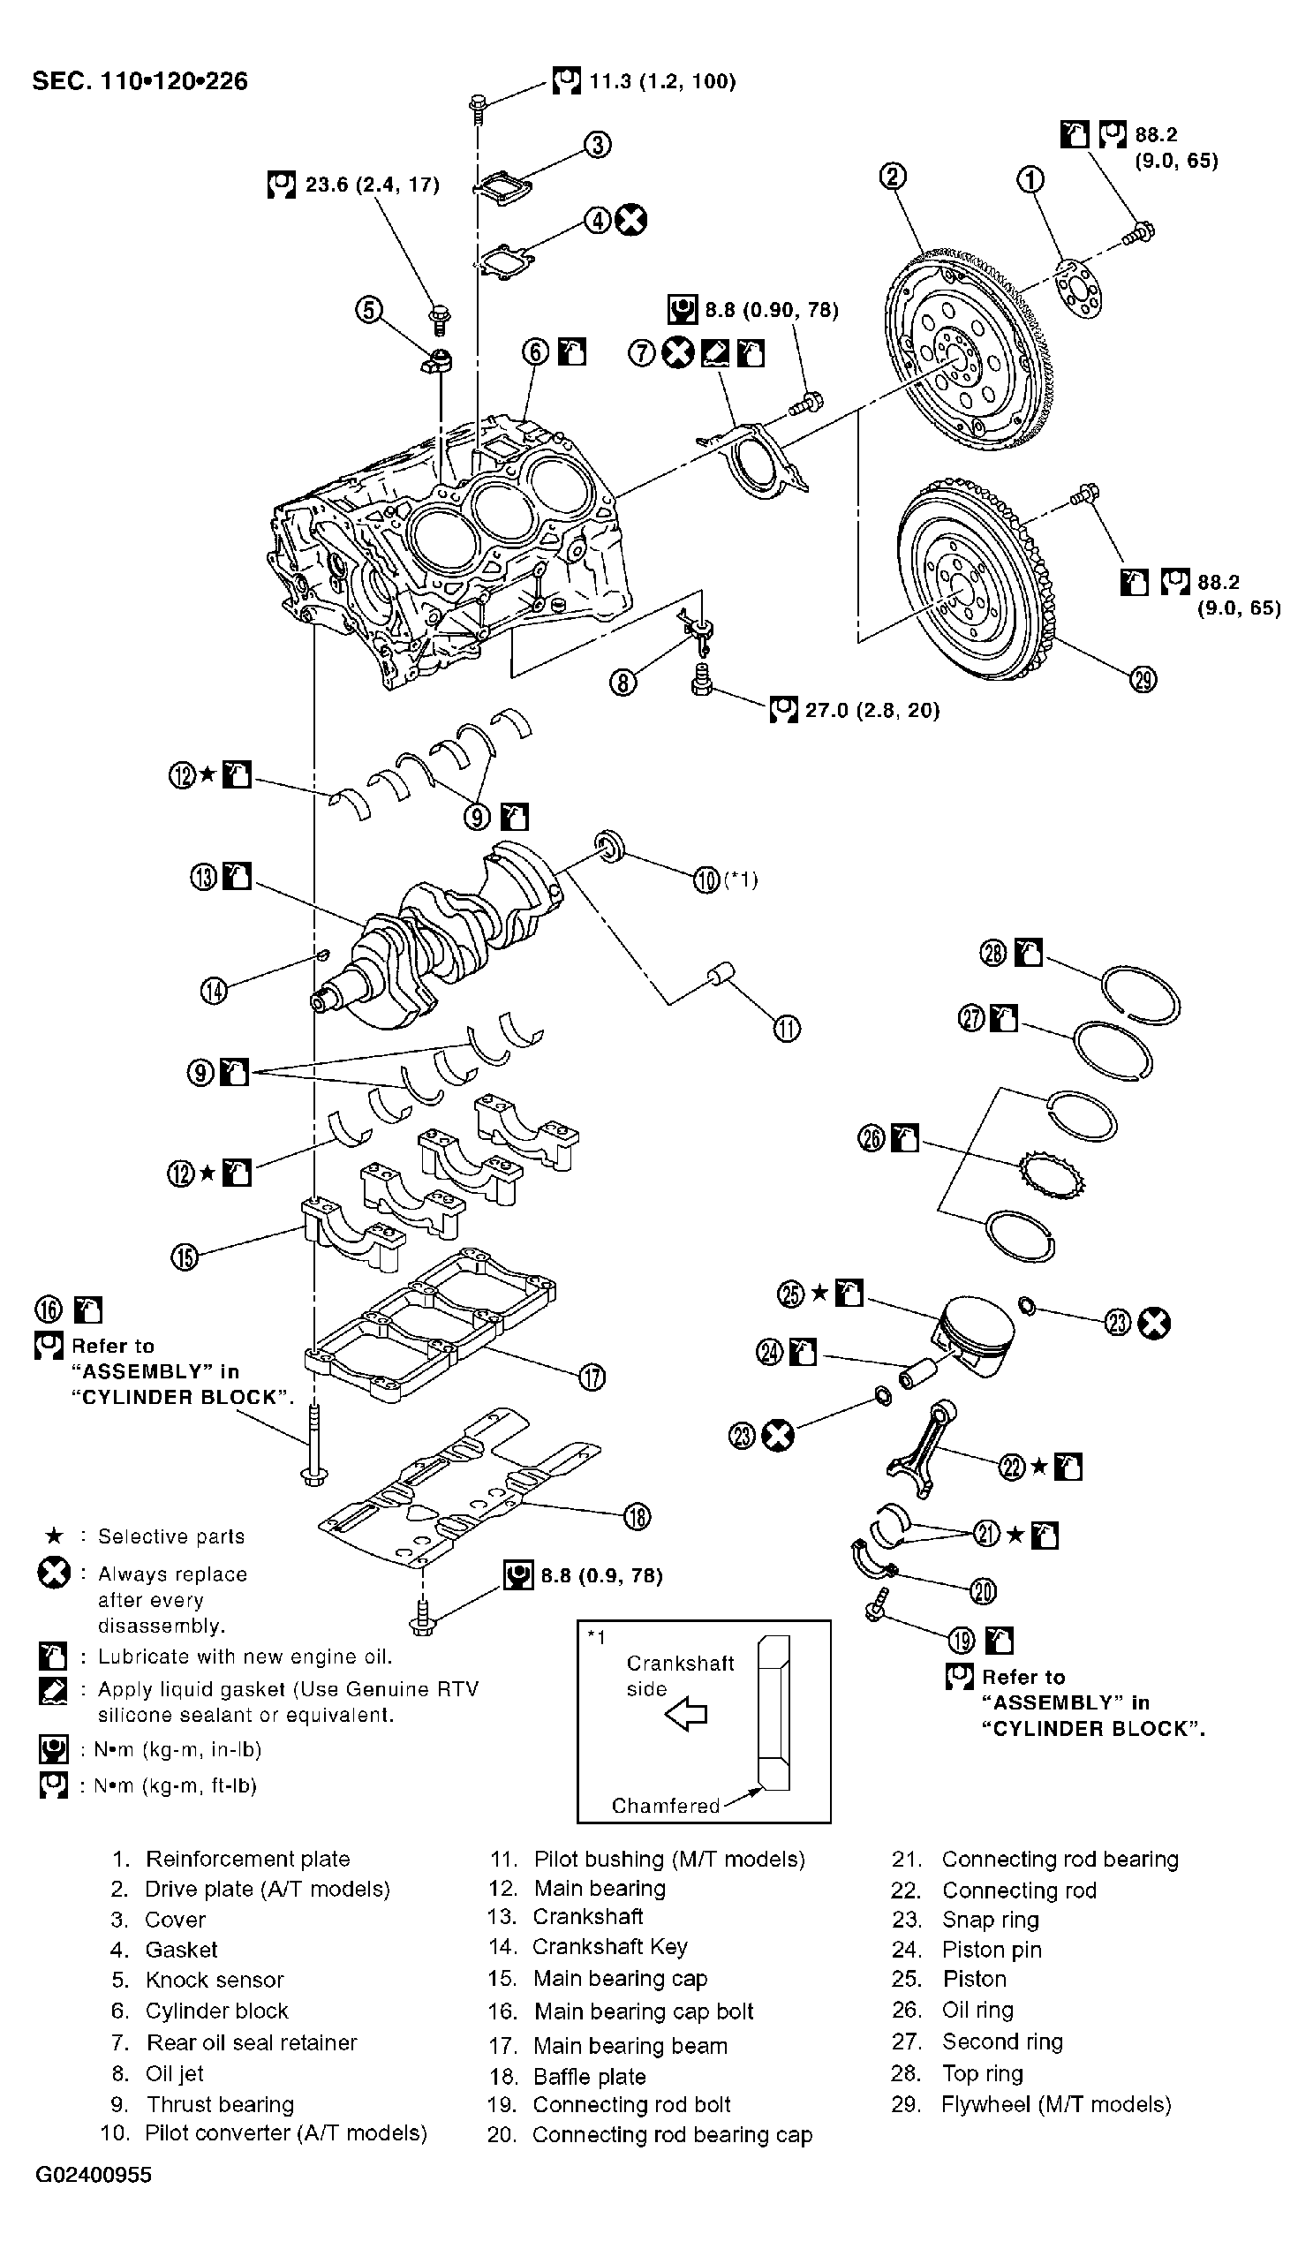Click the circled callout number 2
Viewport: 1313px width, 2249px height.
click(x=893, y=176)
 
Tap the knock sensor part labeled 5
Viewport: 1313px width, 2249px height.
click(x=437, y=361)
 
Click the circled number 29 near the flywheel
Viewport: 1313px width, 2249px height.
click(x=1143, y=680)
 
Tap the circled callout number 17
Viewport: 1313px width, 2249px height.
click(x=592, y=1377)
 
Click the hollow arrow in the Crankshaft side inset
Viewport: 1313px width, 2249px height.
click(x=687, y=1714)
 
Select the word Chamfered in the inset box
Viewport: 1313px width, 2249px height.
click(x=665, y=1806)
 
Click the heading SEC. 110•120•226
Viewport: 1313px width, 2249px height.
click(x=140, y=81)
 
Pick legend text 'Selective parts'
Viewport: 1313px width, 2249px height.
click(x=170, y=1536)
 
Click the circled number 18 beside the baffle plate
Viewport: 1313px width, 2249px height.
click(x=637, y=1516)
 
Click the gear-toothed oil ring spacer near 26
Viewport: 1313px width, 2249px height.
click(x=1053, y=1177)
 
